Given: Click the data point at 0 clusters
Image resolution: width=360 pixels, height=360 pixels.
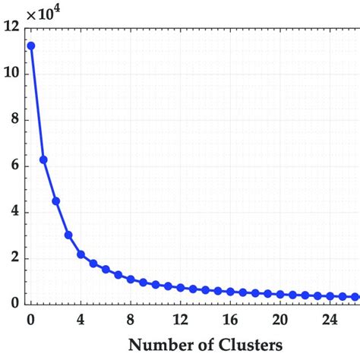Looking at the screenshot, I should tap(31, 46).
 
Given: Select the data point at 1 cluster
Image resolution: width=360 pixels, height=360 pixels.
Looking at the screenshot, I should tap(43, 159).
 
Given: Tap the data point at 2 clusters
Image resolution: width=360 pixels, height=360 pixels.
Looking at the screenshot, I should tap(56, 201).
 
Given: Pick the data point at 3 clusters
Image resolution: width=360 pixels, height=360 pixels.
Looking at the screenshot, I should tap(68, 235).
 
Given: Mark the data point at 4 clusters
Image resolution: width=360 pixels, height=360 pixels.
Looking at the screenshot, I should tap(81, 254).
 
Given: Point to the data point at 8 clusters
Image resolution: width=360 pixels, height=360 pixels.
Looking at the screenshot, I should tap(131, 279).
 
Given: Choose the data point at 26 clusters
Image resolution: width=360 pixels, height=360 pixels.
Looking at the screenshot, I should tap(355, 296).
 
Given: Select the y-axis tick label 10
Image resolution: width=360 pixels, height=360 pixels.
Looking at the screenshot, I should tap(11, 74).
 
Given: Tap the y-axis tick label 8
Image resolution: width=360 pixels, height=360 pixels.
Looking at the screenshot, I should tap(15, 120).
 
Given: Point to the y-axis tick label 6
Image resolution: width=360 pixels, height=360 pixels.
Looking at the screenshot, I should tap(15, 166).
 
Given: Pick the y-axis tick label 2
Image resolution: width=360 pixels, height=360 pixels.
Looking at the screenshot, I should tap(15, 258).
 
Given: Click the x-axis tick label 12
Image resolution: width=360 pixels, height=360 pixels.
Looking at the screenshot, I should tap(180, 318).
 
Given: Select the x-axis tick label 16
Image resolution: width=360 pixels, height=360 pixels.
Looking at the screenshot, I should tap(230, 318).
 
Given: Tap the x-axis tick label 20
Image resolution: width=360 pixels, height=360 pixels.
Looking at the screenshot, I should tap(279, 318).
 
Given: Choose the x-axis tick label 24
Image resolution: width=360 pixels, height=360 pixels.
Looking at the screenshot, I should tap(330, 318).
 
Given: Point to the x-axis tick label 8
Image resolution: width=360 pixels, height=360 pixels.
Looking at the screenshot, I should tap(131, 318).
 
